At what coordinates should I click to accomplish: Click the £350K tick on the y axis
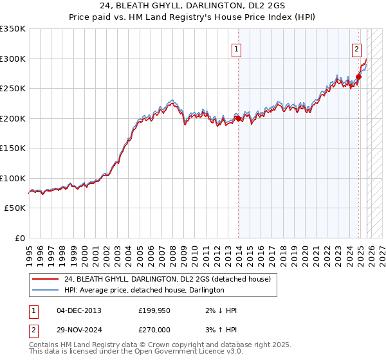(x=13, y=29)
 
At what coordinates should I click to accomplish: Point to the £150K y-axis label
(x=13, y=148)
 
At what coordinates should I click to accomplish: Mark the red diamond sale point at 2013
(x=237, y=118)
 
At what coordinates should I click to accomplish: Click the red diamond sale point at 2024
(x=358, y=77)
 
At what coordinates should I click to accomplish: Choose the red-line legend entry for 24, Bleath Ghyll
(x=167, y=279)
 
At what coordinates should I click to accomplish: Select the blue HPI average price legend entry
(x=143, y=290)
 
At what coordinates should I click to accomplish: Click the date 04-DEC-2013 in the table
(x=78, y=310)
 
